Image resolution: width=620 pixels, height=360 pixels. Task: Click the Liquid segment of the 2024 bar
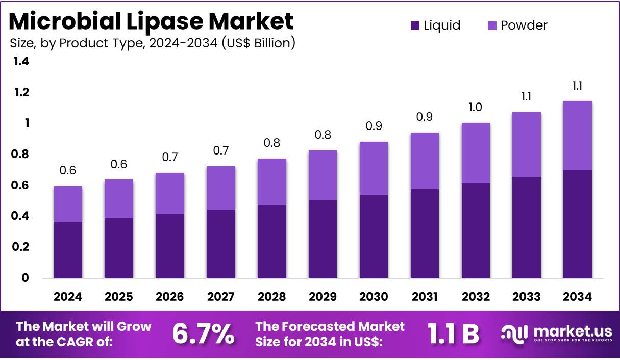tap(68, 250)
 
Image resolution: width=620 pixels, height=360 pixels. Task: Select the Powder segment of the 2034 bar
tap(578, 135)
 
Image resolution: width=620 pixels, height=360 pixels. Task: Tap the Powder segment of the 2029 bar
tap(323, 175)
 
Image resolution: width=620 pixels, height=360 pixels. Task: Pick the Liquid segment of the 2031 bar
tap(425, 234)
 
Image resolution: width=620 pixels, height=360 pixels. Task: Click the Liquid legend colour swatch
tap(415, 25)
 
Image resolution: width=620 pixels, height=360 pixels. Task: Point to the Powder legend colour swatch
tap(492, 25)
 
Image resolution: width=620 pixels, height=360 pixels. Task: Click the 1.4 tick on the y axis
tap(21, 62)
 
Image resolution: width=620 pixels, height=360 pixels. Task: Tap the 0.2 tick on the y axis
tap(21, 247)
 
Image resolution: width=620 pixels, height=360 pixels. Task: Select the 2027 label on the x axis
tap(221, 297)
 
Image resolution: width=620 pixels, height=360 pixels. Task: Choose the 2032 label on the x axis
tap(476, 297)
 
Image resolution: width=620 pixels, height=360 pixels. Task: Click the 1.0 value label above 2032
tap(476, 107)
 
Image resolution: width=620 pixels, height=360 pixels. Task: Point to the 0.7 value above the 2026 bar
tap(170, 157)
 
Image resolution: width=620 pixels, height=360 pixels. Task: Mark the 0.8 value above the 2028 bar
tap(271, 143)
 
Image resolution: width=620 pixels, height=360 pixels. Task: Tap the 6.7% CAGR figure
tap(203, 333)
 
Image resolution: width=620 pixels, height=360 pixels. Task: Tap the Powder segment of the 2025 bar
tap(119, 199)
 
